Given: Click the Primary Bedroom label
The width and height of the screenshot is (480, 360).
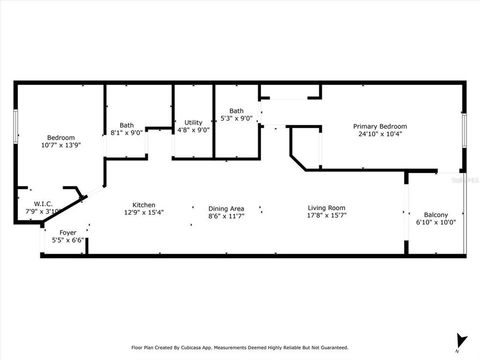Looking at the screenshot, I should pos(380,126).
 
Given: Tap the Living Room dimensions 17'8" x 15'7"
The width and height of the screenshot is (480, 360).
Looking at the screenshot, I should pos(326,215).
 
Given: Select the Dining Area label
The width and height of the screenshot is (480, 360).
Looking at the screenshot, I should pos(226,208).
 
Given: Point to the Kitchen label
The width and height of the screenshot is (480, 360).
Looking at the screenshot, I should pos(143,205).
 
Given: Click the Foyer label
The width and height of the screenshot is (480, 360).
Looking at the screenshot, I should pos(68,232).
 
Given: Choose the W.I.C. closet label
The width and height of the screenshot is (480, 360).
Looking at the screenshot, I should pos(43,204).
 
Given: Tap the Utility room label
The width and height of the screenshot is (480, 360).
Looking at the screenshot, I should pos(193,122).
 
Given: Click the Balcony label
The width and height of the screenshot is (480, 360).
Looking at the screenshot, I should pos(435,214).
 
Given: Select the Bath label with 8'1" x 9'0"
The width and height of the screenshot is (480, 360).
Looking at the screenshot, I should pos(126,125).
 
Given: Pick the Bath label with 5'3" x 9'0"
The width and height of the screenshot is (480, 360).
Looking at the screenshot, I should pos(236,111).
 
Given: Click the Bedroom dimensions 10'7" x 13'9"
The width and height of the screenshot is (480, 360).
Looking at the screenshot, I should pos(61,145).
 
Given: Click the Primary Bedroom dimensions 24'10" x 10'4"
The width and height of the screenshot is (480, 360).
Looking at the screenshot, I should pos(380,134).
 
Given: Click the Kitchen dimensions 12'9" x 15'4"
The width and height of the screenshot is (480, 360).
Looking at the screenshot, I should pos(143,212).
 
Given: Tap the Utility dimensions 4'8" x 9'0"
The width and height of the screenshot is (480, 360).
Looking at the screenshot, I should pos(193,130).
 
